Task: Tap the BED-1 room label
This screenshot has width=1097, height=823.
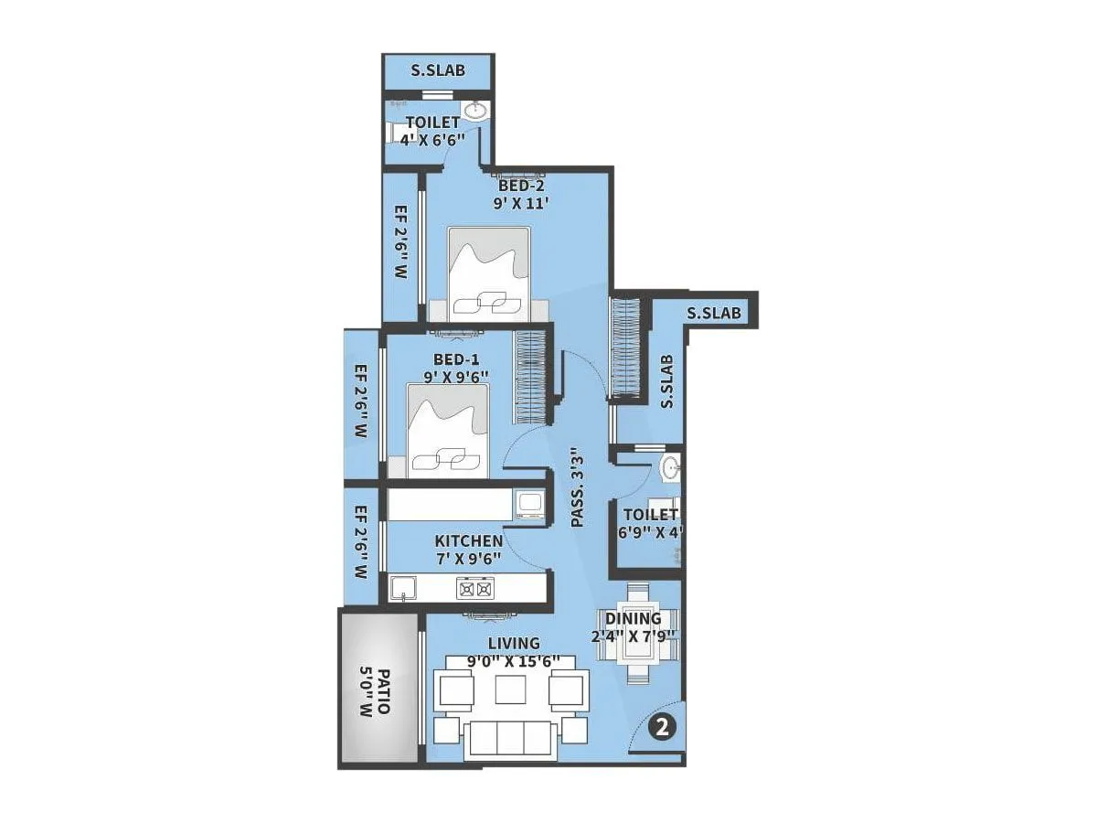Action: pos(456,359)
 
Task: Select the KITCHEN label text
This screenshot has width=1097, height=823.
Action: pos(468,541)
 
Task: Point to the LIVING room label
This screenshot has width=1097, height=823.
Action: pos(514,644)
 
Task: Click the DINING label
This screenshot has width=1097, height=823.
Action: pos(633,619)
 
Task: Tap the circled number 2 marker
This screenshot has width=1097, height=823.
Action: pos(662,728)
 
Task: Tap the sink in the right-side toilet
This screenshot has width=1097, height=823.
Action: pos(670,468)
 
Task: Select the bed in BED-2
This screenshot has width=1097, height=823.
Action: pos(489,274)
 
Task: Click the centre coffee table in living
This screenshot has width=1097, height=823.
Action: pos(508,688)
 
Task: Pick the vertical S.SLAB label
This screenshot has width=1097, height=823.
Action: pos(667,382)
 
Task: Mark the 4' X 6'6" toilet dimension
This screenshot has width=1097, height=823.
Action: pos(434,139)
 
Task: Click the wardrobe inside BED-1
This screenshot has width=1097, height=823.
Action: pos(530,375)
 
